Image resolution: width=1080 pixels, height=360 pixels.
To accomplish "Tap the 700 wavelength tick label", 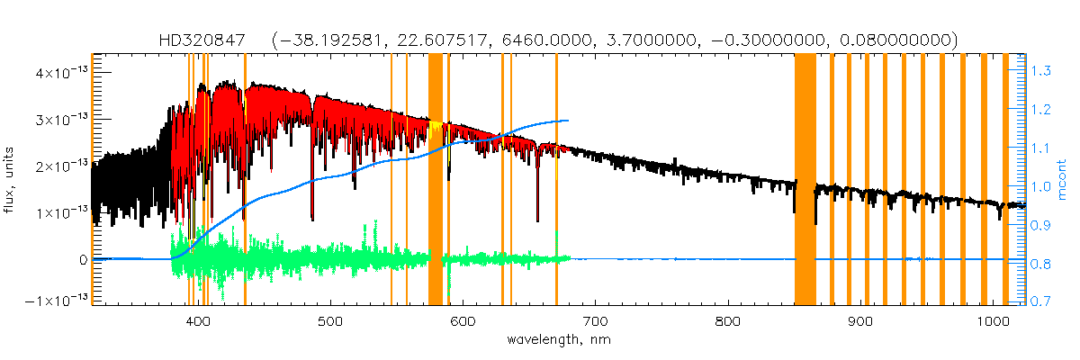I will coord(595,322).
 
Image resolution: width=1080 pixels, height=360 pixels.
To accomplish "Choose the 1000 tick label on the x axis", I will coord(992,322).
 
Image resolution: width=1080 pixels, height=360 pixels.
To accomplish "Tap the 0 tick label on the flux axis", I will coord(83,259).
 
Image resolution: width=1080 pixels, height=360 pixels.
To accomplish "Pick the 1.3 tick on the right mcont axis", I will coord(1040,70).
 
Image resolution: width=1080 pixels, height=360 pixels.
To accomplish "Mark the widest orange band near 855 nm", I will coord(805,180).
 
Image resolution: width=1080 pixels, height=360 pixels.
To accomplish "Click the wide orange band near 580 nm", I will coord(436,180).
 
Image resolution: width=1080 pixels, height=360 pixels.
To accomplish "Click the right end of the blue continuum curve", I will coord(568,121).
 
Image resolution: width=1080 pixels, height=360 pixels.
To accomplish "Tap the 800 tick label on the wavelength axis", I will coord(727,322).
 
